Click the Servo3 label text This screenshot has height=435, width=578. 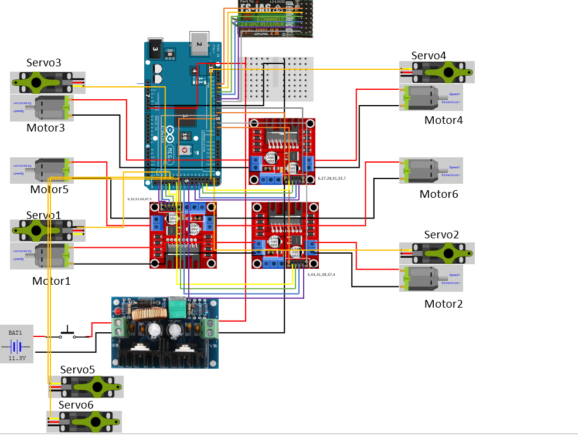click(x=44, y=63)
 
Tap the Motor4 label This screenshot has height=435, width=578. click(x=443, y=120)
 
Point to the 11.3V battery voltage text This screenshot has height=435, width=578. click(x=17, y=357)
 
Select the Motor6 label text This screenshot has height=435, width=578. click(x=438, y=194)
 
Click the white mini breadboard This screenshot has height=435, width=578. click(x=278, y=79)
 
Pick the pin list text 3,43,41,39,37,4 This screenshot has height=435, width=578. click(x=321, y=274)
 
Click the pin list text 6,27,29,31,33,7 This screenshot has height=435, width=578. click(x=332, y=178)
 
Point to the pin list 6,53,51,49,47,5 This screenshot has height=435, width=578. click(x=140, y=199)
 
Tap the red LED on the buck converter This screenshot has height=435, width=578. click(x=118, y=311)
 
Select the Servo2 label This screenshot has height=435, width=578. click(x=441, y=235)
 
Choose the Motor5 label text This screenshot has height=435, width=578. click(x=50, y=190)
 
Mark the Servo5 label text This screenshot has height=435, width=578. click(x=77, y=370)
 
